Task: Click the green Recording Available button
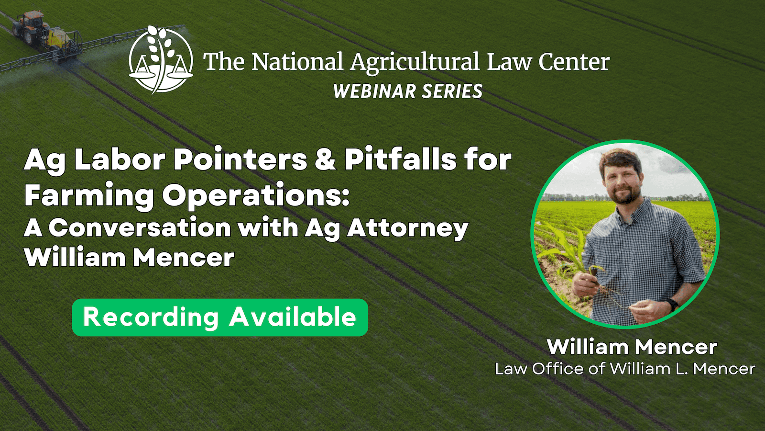click(220, 317)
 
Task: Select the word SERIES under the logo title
click(452, 91)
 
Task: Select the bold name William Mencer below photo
click(632, 347)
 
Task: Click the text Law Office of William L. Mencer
click(625, 369)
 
